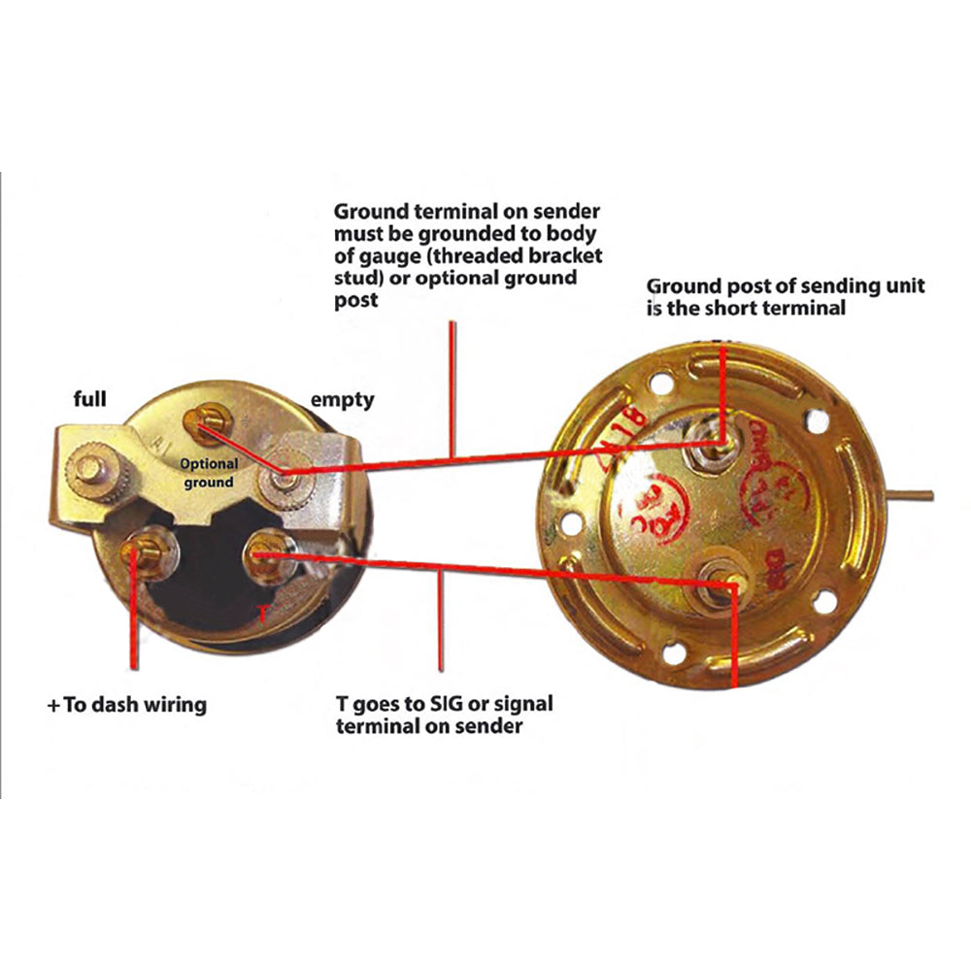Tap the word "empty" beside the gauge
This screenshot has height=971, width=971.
click(341, 399)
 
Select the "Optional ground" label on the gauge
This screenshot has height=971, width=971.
click(209, 474)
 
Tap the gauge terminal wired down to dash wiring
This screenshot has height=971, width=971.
click(135, 555)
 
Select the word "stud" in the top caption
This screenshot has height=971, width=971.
click(355, 278)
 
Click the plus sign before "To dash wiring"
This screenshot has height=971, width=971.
click(51, 705)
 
